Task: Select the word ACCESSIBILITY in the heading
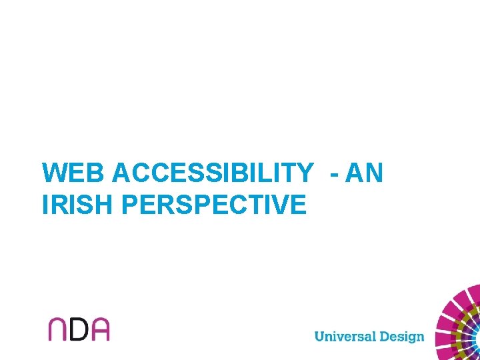click(x=212, y=173)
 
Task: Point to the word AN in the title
click(x=365, y=173)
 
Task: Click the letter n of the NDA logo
click(x=57, y=329)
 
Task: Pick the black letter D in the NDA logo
click(x=78, y=329)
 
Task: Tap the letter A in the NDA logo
click(x=99, y=329)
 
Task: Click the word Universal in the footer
click(x=345, y=335)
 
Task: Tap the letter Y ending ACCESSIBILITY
click(x=303, y=173)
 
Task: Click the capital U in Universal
click(x=319, y=335)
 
